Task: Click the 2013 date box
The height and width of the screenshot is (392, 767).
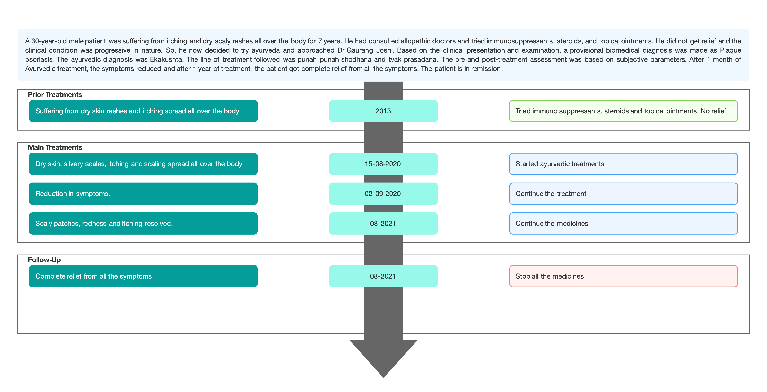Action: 383,111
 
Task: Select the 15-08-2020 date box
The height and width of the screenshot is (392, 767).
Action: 383,164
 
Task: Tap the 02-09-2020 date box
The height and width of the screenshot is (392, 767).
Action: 383,194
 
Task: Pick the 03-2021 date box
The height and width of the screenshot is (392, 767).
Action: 383,223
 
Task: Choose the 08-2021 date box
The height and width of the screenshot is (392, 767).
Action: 383,276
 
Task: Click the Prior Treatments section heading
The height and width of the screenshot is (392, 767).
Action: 55,95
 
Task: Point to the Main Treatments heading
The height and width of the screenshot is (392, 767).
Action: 55,147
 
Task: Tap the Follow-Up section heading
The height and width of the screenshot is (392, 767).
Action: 44,260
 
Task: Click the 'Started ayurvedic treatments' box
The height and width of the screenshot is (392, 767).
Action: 624,164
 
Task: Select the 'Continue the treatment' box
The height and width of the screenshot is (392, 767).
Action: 624,194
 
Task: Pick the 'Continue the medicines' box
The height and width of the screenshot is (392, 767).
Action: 624,223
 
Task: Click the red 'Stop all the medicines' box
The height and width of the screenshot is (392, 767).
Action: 624,276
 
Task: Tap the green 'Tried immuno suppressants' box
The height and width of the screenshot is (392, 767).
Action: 624,111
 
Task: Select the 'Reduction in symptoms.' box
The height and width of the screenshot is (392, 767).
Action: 143,194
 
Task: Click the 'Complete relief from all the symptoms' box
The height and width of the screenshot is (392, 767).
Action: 143,276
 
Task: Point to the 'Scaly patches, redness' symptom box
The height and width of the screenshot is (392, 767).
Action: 143,223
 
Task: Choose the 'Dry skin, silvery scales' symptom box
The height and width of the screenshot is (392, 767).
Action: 143,164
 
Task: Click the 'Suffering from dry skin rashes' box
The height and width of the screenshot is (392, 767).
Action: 143,111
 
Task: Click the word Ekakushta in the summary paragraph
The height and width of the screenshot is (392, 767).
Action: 166,59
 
